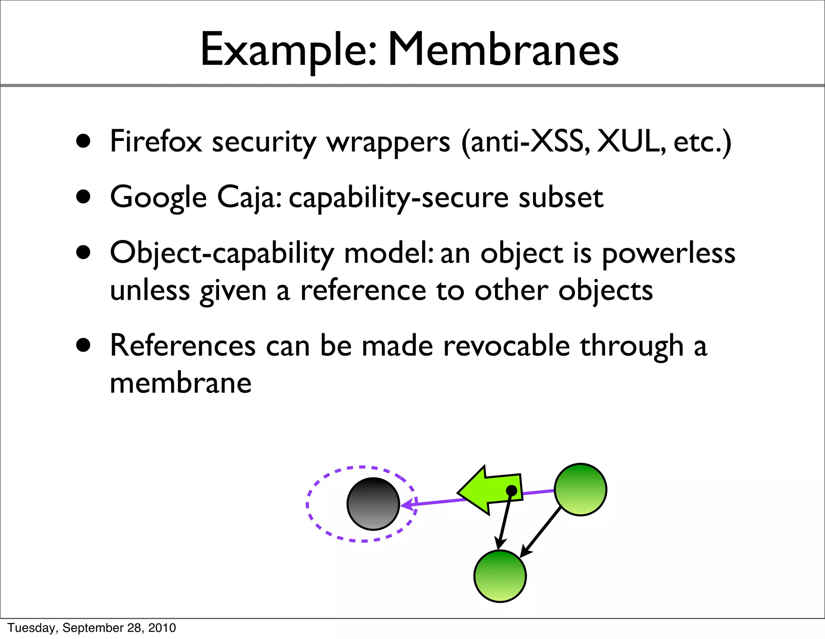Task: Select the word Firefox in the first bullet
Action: [156, 142]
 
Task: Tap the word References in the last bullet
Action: [182, 346]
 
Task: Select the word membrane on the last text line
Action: [180, 383]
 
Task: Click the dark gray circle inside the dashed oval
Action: [373, 503]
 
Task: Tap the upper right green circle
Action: [580, 489]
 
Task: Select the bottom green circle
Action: [500, 576]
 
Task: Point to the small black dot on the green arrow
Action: [511, 490]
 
